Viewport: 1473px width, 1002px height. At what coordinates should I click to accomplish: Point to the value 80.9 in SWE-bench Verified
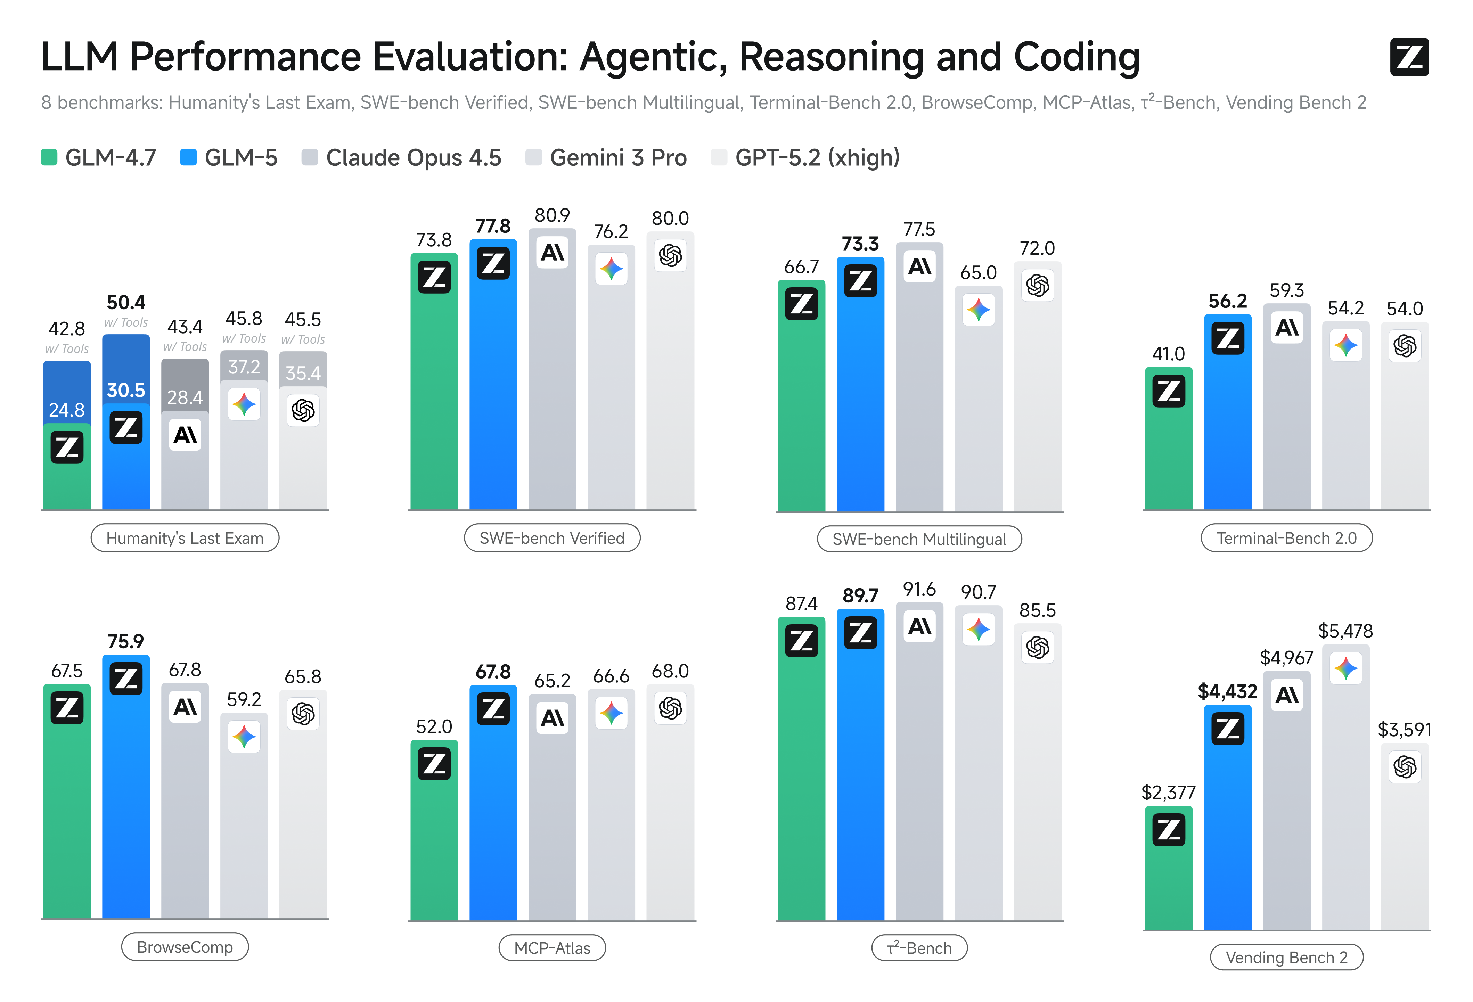click(552, 215)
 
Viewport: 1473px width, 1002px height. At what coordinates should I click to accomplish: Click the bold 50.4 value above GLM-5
click(125, 302)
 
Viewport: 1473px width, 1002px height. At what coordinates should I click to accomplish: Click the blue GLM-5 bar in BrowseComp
click(125, 805)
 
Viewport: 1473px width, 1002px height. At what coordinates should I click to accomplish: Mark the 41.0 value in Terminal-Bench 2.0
click(1168, 354)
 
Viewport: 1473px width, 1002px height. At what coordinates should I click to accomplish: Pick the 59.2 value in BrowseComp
click(244, 700)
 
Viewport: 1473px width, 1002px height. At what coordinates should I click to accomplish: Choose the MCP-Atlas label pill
click(552, 948)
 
